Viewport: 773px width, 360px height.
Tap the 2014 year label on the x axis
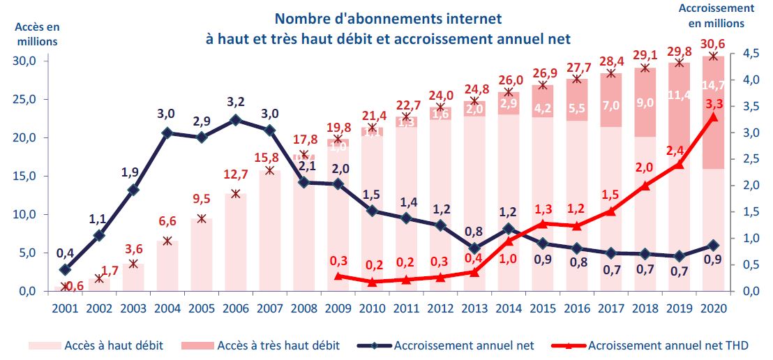tap(508, 308)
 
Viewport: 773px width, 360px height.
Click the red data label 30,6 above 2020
tap(712, 43)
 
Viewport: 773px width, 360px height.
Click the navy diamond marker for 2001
tap(65, 269)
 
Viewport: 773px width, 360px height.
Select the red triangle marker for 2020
tap(712, 117)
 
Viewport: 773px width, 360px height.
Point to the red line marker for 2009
tap(338, 276)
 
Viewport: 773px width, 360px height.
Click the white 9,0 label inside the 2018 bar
tap(645, 103)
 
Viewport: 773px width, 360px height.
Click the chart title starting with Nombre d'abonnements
tap(388, 28)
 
